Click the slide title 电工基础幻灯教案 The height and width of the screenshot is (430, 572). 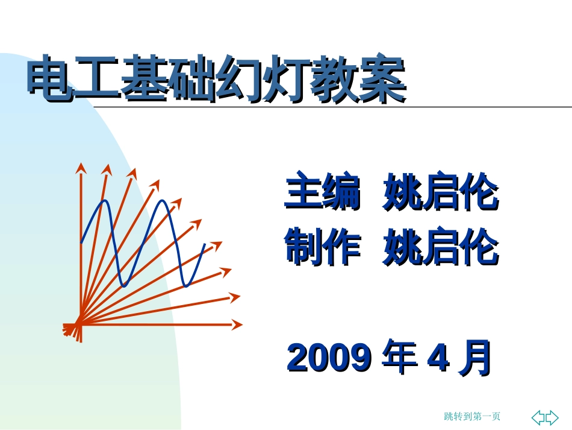217,78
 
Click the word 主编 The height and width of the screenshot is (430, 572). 323,191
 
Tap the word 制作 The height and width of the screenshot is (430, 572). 323,246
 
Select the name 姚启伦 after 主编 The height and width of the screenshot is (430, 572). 441,191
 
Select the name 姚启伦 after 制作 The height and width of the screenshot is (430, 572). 441,246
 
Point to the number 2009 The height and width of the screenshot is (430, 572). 329,358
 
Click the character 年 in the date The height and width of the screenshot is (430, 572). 399,357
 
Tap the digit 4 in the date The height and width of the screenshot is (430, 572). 438,358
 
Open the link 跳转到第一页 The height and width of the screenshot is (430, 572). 472,416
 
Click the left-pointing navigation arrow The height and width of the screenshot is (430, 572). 538,417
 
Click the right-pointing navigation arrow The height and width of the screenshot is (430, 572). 552,417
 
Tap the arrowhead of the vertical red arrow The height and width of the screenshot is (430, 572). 81,168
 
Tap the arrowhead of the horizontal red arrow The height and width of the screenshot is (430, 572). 237,324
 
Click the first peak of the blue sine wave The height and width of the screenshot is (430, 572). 105,200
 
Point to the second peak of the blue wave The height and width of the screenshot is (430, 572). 163,200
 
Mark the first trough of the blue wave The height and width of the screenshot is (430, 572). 125,286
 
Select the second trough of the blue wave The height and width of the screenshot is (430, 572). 187,286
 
